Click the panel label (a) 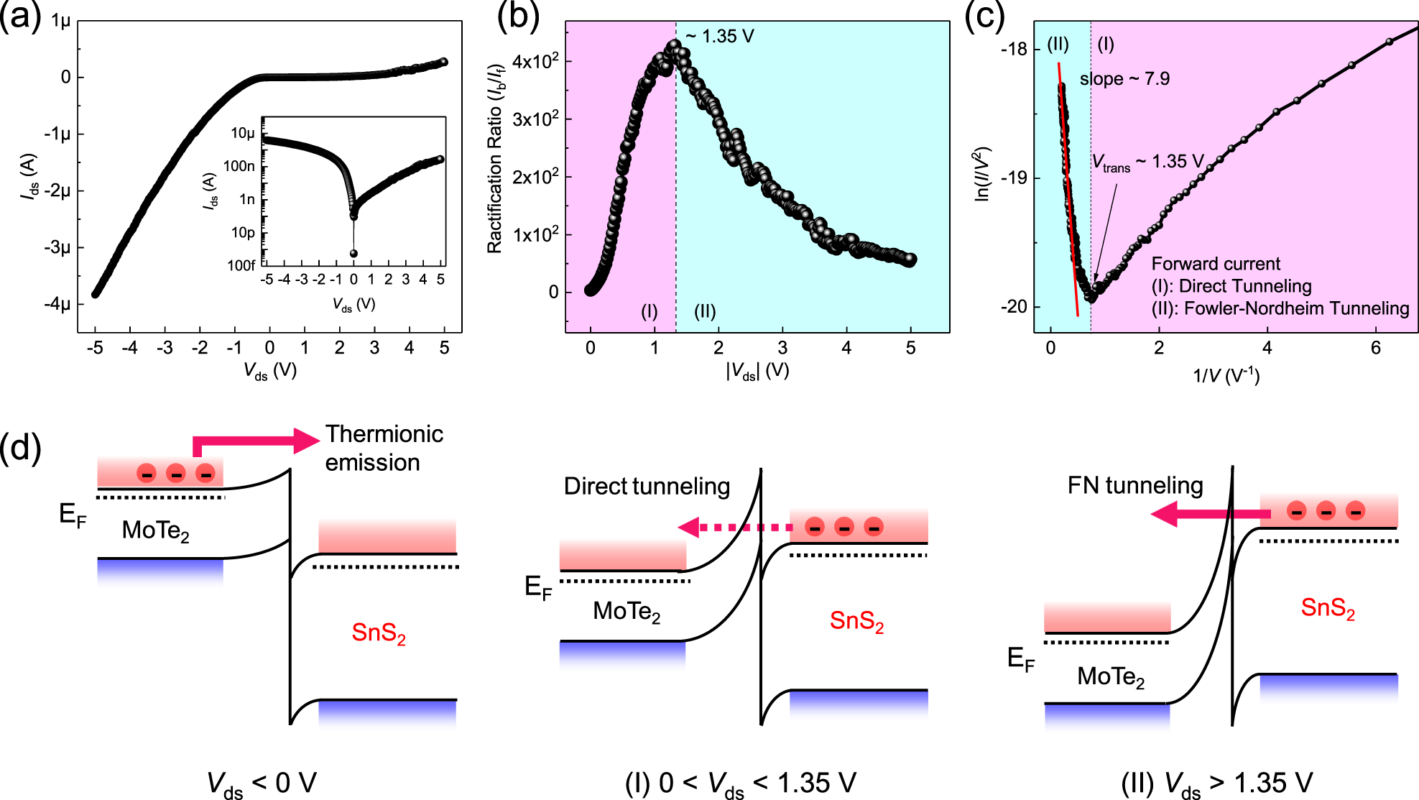click(20, 16)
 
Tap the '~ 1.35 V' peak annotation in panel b click(719, 36)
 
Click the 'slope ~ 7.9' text click(1124, 78)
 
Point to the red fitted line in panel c click(1069, 201)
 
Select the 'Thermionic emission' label click(384, 448)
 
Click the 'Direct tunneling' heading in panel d click(647, 486)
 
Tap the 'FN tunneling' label click(1134, 485)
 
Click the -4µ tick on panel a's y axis click(57, 304)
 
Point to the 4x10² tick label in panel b click(535, 62)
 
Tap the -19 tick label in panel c click(1014, 178)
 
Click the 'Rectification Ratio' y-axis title click(495, 158)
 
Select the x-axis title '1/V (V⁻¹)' click(1226, 375)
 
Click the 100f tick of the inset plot click(241, 265)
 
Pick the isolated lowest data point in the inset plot click(353, 253)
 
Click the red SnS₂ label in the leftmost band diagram click(379, 633)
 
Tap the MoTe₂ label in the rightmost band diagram click(1110, 677)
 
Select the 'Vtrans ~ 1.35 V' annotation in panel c click(1147, 162)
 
